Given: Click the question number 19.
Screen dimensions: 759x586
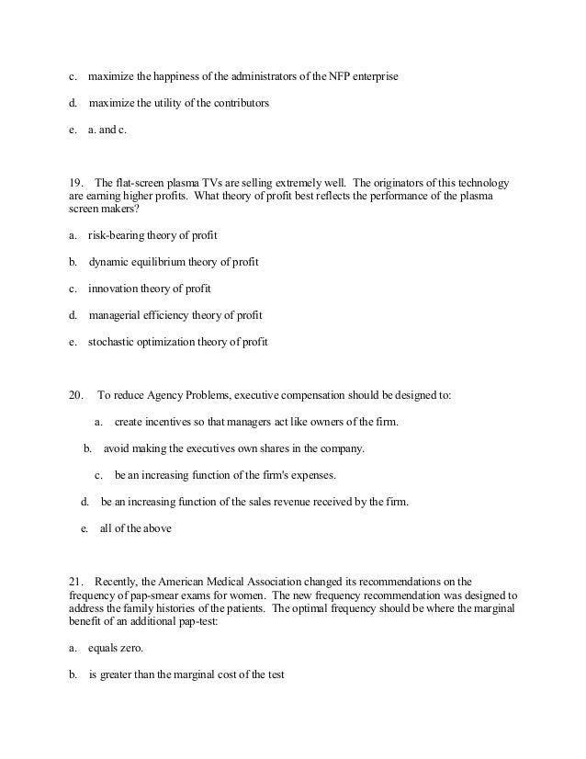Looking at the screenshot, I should point(77,184).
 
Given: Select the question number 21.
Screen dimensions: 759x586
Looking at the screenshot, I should point(77,582).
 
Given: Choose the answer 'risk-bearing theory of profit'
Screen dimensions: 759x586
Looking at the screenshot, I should point(152,235).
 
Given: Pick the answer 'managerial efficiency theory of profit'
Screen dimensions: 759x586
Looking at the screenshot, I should point(175,315).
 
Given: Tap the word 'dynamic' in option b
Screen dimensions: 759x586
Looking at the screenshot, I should point(111,262).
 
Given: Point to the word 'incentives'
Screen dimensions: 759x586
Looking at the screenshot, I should point(171,422).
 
